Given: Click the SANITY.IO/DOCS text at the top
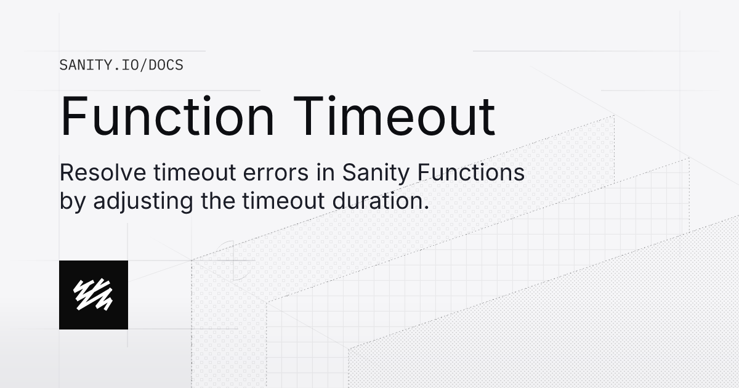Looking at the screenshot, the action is coord(121,65).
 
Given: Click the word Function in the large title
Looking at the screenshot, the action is coord(167,116).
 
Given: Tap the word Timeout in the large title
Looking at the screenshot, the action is coord(394,116).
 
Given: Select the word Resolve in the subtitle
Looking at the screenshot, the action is coord(103,172).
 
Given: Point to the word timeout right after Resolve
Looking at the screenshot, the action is coord(195,172).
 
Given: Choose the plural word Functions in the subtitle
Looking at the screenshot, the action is coord(470,172).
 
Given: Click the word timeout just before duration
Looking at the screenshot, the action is coord(283,201).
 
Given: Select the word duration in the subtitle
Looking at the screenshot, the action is coord(378,201).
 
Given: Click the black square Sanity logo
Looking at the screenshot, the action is coord(94,295).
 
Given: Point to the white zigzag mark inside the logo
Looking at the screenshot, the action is coord(93,294).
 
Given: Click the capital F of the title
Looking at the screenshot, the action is coord(73,116).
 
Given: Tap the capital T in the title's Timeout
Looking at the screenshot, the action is coord(308,116).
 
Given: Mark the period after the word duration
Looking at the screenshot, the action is coord(427,208).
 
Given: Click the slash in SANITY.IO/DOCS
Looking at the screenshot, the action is coord(144,65).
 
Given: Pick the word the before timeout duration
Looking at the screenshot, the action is coord(218,201).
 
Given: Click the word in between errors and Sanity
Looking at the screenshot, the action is coord(325,172).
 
